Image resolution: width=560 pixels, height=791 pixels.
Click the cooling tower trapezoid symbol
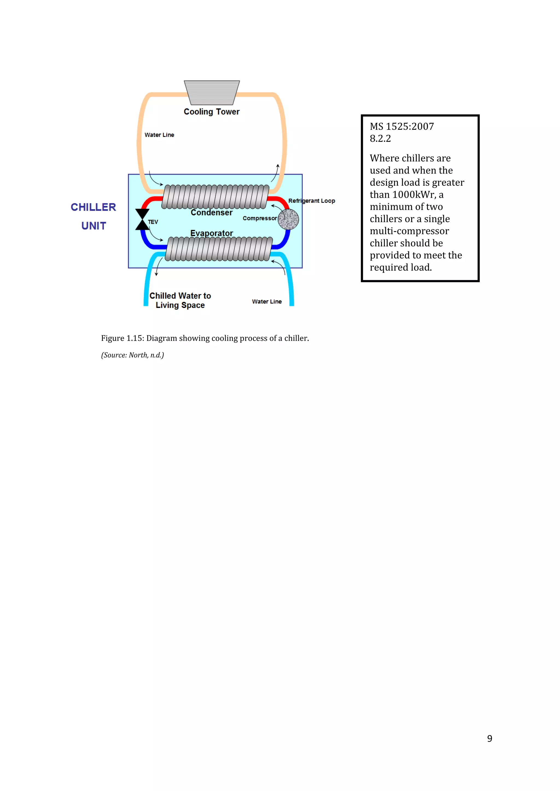click(x=212, y=92)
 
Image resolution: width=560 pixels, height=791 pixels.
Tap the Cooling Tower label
click(x=211, y=112)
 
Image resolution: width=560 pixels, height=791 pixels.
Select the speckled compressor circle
click(x=288, y=219)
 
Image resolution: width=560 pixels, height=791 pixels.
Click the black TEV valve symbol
click(x=142, y=219)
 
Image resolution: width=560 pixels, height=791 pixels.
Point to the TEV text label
click(x=153, y=222)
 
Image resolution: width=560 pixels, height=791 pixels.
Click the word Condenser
click(x=211, y=212)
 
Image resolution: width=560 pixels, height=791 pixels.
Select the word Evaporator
click(x=211, y=233)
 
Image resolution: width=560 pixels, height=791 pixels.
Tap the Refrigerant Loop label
click(x=311, y=200)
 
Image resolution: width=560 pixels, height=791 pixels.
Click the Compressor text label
click(x=259, y=218)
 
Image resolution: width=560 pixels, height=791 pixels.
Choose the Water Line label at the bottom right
click(x=267, y=302)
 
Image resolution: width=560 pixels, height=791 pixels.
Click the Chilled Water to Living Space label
click(x=180, y=300)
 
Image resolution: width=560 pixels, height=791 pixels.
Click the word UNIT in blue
click(x=94, y=226)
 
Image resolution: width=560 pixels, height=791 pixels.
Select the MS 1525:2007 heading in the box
click(x=402, y=126)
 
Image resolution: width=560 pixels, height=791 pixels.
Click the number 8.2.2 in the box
click(x=380, y=138)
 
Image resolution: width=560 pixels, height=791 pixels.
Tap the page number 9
click(x=489, y=738)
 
